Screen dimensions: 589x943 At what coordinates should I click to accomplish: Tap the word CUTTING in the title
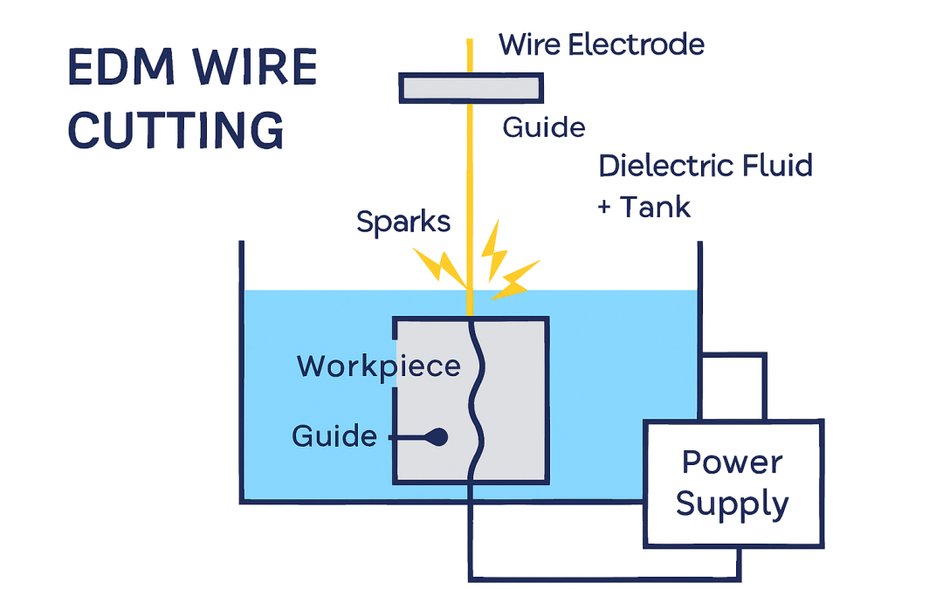pos(176,130)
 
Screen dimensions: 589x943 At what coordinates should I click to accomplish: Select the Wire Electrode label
pos(602,45)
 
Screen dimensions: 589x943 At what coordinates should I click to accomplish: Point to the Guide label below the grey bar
pos(544,128)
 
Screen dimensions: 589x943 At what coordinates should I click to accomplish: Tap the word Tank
pos(655,208)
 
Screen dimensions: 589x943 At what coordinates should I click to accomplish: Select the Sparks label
pos(403,223)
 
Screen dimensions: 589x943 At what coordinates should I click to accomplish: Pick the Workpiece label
pos(378,366)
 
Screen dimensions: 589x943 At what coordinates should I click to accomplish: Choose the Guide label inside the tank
pos(334,436)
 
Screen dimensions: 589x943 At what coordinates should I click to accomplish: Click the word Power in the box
pos(733,463)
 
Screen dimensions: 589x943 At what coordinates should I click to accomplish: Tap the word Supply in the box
pos(733,503)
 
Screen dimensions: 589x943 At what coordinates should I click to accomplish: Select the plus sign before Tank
pos(605,209)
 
